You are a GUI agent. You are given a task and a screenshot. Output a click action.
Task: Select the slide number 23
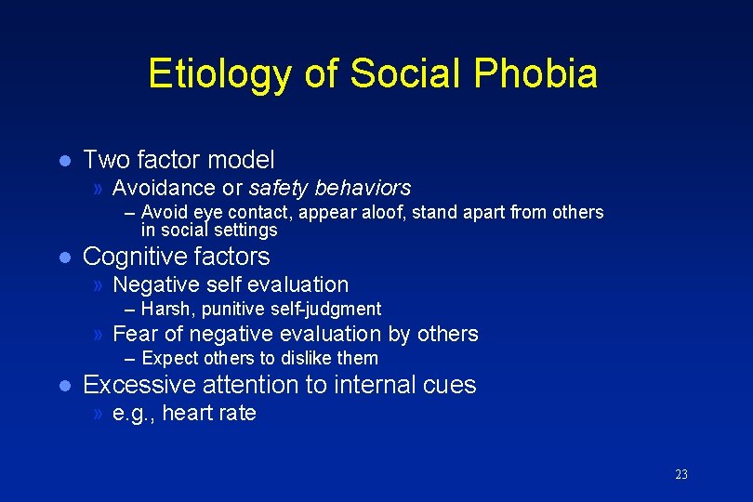tap(681, 475)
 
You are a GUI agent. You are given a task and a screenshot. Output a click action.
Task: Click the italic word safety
tap(279, 188)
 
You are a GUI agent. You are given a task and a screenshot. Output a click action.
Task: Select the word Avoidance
tap(164, 188)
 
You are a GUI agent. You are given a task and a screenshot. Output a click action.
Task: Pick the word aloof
tap(377, 212)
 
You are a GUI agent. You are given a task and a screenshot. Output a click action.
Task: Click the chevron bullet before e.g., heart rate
tap(99, 414)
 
